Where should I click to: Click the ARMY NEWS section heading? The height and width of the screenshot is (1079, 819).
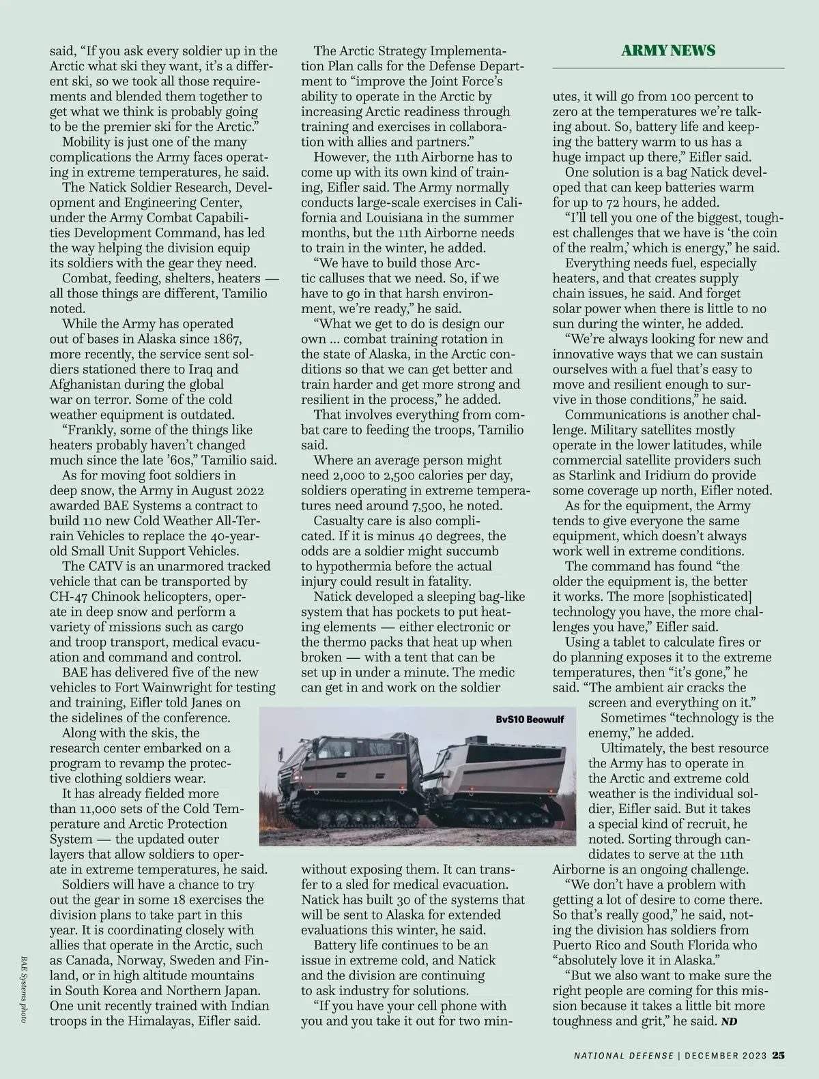[668, 50]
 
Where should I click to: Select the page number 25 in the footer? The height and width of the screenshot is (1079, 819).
[778, 1055]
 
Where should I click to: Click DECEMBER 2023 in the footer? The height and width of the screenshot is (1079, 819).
[725, 1056]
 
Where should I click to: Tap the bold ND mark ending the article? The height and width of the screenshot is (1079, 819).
[730, 1021]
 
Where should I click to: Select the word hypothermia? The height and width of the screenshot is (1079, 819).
[354, 566]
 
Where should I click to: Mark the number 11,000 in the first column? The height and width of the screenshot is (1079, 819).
[100, 809]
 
